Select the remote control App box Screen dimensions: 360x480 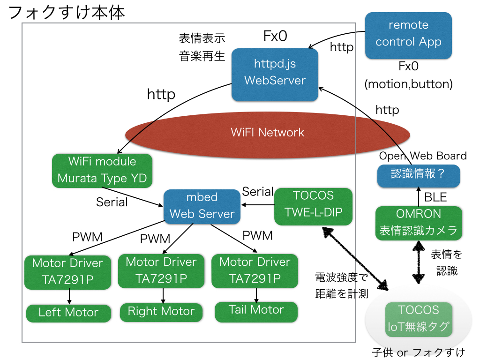pyautogui.click(x=408, y=35)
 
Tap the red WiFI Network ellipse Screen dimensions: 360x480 pyautogui.click(x=268, y=132)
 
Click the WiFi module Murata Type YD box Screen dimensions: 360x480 pyautogui.click(x=102, y=170)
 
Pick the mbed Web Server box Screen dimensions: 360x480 pyautogui.click(x=202, y=206)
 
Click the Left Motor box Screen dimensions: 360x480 pyautogui.click(x=68, y=313)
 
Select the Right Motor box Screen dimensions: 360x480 pyautogui.click(x=161, y=312)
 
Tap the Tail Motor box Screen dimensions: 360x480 pyautogui.click(x=256, y=310)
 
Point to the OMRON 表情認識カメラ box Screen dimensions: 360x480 pyautogui.click(x=419, y=222)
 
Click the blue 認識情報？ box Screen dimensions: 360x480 pyautogui.click(x=418, y=174)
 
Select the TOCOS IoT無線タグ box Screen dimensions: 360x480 pyautogui.click(x=419, y=319)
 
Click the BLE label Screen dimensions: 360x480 pyautogui.click(x=435, y=197)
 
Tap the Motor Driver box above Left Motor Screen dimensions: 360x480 pyautogui.click(x=68, y=271)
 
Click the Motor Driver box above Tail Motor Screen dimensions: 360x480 pyautogui.click(x=255, y=270)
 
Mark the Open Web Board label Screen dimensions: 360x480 pyautogui.click(x=422, y=156)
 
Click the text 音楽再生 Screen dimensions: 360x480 pyautogui.click(x=202, y=56)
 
